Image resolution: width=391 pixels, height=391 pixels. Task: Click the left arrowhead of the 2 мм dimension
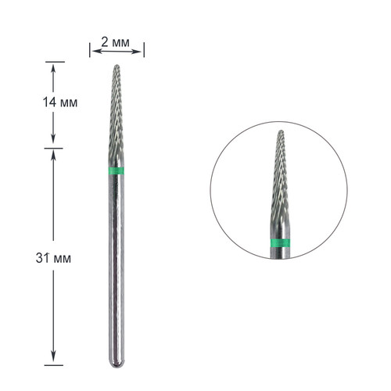tap(93, 51)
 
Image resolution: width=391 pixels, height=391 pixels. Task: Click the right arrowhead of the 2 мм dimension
tap(141, 51)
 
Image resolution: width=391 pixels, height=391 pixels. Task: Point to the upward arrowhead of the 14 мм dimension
tap(53, 67)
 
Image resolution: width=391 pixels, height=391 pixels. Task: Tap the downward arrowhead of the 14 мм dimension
tap(53, 141)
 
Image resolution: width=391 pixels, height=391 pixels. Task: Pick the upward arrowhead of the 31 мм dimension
tap(53, 155)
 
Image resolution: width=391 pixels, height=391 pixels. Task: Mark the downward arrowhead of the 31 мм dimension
tap(53, 359)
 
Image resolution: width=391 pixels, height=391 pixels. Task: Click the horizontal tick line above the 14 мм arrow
tap(53, 62)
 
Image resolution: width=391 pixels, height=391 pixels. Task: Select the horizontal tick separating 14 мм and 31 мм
tap(53, 148)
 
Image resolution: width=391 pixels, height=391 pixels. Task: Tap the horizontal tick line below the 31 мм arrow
tap(53, 364)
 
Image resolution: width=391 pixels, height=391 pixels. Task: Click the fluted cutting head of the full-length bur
tap(117, 125)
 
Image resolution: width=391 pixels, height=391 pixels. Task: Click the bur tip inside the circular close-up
tap(280, 134)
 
